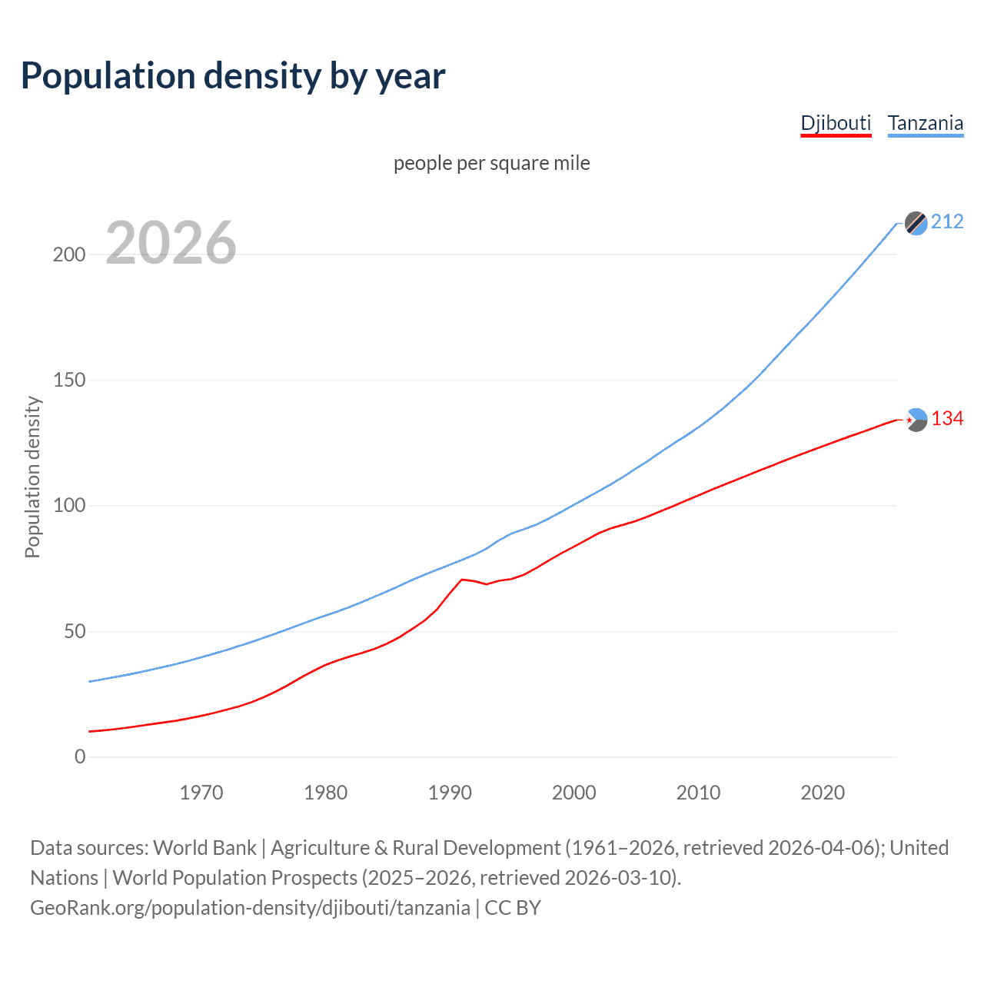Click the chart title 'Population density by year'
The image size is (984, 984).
coord(233,76)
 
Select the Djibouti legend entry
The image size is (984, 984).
coord(836,123)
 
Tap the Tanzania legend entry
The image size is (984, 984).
coord(925,123)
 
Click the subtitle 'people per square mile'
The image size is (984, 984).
coord(492,163)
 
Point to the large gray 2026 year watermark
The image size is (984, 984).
coord(171,243)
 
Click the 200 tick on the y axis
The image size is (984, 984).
coord(69,254)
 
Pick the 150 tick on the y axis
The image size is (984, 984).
coord(69,381)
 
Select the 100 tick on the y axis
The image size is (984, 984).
coord(69,506)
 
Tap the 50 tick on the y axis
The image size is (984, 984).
coord(75,632)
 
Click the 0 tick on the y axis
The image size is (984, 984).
coord(80,757)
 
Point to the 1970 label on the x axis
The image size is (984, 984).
coord(201,793)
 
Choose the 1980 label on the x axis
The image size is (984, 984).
coord(326,793)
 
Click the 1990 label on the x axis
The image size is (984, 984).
coord(450,793)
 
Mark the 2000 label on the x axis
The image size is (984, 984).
coord(574,793)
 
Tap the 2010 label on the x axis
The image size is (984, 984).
coord(698,793)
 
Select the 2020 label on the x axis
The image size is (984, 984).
coord(823,793)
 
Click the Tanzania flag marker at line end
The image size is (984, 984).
coord(916,223)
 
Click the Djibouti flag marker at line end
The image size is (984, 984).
coord(916,420)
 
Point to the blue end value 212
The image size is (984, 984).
coord(947,222)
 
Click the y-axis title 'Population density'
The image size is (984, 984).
coord(32,477)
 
